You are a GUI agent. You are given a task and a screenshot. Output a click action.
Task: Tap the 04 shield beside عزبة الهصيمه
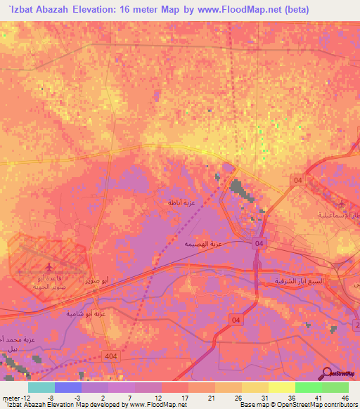[x=260, y=243]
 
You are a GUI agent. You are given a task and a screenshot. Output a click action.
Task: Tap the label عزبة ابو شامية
[x=86, y=313]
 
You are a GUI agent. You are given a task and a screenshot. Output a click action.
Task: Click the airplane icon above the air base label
[x=49, y=268]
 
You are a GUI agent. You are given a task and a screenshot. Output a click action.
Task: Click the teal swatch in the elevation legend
[x=41, y=387]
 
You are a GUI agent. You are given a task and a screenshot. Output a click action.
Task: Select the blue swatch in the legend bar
[x=68, y=387]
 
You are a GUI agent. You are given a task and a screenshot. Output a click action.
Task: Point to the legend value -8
[x=50, y=397]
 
